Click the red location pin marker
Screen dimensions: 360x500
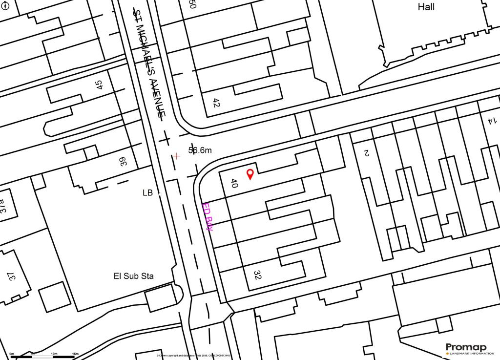(x=250, y=174)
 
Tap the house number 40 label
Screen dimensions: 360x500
(x=234, y=184)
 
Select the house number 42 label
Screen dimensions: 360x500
(x=216, y=103)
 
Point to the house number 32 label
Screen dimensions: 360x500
(x=257, y=275)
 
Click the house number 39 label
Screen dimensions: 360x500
(x=124, y=162)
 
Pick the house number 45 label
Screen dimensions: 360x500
(x=99, y=85)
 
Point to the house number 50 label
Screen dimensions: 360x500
(x=192, y=5)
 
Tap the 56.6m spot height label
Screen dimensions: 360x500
(x=200, y=150)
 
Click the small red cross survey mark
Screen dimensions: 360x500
(x=176, y=156)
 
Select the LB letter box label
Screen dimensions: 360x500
(x=148, y=193)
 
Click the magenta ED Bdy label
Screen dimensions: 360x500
(x=208, y=216)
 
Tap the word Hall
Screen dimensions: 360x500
(x=426, y=7)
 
